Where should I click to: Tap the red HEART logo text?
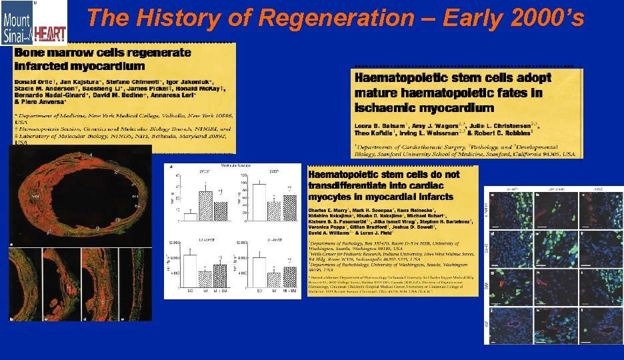point(50,31)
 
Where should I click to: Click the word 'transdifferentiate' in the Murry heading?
point(351,185)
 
